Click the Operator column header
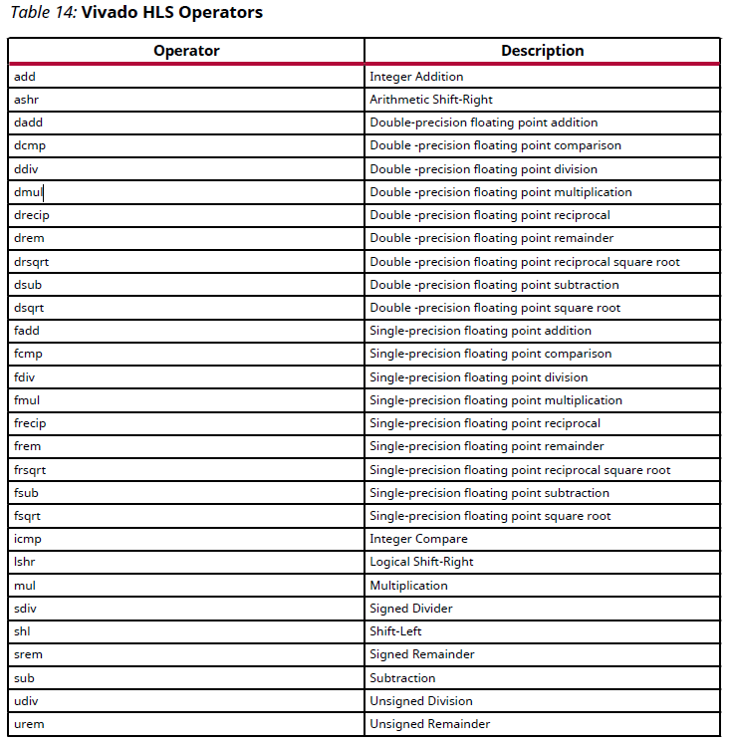coord(186,51)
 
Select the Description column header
coord(542,51)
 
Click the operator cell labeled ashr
coord(26,100)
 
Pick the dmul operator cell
coord(29,192)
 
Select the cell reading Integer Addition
coord(416,77)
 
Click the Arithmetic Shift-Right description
coord(431,100)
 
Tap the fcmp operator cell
coord(28,354)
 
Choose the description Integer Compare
coord(418,539)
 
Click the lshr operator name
coord(25,562)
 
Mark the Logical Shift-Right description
coord(421,562)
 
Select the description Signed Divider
coord(411,609)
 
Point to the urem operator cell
coord(28,724)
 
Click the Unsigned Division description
coord(420,701)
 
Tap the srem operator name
coord(28,654)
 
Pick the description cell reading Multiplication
coord(408,586)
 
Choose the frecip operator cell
coord(30,423)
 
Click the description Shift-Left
coord(395,631)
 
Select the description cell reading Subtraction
coord(402,678)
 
